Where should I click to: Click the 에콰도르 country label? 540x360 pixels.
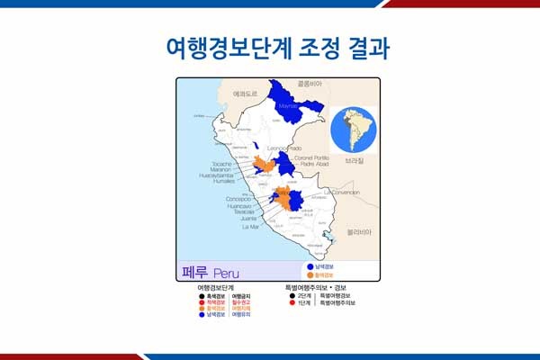(245, 93)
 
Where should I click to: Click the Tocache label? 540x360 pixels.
(222, 163)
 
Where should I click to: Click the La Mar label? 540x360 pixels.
(249, 227)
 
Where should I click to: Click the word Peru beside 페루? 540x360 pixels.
(226, 271)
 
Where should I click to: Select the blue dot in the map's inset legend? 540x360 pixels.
(310, 266)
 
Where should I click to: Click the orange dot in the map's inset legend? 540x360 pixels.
(310, 274)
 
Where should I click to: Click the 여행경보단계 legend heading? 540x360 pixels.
(221, 287)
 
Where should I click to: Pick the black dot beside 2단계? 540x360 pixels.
(292, 295)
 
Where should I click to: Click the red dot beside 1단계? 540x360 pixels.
(292, 302)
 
